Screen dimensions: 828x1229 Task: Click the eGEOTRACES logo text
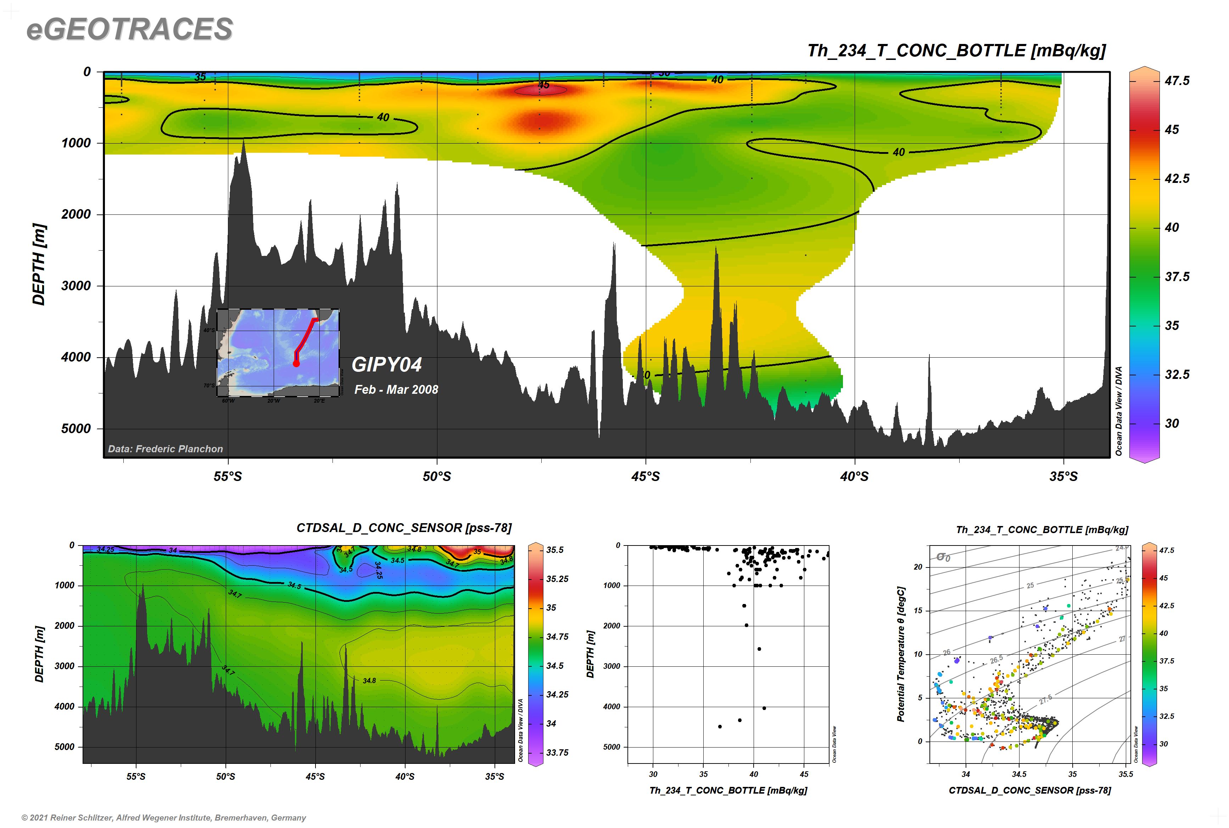click(129, 29)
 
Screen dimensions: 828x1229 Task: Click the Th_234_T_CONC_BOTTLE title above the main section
click(956, 51)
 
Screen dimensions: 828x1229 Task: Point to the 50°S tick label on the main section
click(437, 476)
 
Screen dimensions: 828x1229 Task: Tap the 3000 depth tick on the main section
click(76, 286)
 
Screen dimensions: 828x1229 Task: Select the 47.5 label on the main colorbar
click(1177, 81)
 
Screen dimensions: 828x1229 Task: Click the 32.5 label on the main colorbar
click(1177, 374)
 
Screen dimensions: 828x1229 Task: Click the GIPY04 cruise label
click(387, 364)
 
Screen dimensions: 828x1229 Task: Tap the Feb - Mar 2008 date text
click(396, 390)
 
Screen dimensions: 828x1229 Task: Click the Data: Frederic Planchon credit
click(165, 449)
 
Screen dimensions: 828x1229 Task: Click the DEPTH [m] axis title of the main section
click(39, 264)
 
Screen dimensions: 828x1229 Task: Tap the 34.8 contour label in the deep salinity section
click(369, 681)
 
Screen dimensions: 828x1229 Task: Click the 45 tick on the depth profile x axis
click(804, 774)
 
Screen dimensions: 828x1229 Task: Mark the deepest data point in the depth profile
click(720, 727)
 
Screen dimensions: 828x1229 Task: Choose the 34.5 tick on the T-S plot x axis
click(1019, 774)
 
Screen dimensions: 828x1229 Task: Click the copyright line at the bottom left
click(164, 817)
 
